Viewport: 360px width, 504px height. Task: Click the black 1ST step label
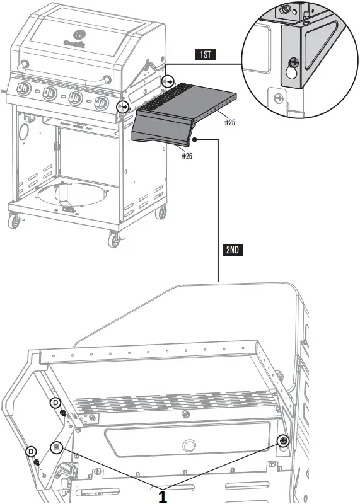pyautogui.click(x=206, y=55)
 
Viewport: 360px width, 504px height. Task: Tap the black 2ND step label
pyautogui.click(x=232, y=249)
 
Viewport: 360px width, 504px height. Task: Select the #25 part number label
pyautogui.click(x=229, y=122)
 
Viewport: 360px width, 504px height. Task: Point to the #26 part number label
pyautogui.click(x=187, y=156)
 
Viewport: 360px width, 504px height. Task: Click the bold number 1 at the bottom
pyautogui.click(x=162, y=496)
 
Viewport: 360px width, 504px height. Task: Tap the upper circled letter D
pyautogui.click(x=55, y=402)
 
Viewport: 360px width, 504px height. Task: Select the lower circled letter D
pyautogui.click(x=31, y=451)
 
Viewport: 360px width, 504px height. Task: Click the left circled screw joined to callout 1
pyautogui.click(x=57, y=447)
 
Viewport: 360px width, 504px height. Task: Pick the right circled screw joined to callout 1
pyautogui.click(x=283, y=441)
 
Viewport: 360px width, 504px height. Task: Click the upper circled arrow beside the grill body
pyautogui.click(x=168, y=82)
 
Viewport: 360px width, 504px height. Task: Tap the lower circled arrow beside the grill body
pyautogui.click(x=124, y=107)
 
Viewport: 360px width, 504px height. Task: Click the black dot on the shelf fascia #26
pyautogui.click(x=197, y=139)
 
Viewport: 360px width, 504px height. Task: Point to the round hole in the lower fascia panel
pyautogui.click(x=189, y=446)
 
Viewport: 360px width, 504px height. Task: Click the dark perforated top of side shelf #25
pyautogui.click(x=189, y=94)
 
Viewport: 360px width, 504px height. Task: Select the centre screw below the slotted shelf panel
pyautogui.click(x=185, y=415)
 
